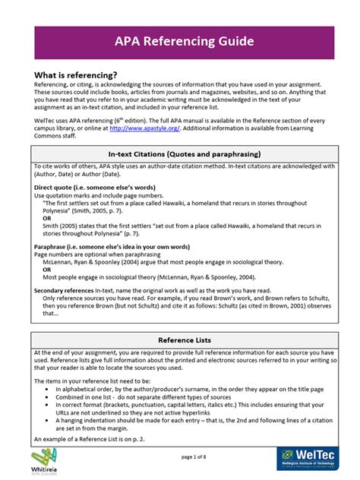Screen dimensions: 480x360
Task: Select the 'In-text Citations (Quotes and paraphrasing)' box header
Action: click(x=180, y=155)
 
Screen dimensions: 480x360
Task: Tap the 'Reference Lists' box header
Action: click(x=180, y=340)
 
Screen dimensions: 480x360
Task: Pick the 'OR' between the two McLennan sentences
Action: click(x=47, y=270)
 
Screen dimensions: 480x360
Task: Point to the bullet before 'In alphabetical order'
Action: click(x=48, y=387)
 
